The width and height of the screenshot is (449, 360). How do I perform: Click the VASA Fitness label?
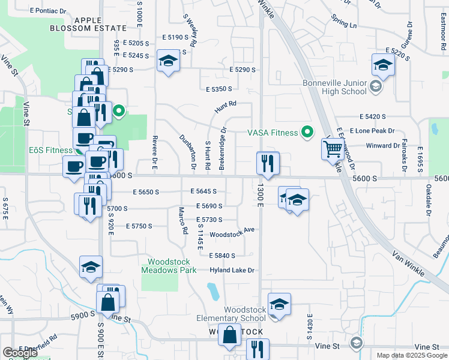click(x=273, y=133)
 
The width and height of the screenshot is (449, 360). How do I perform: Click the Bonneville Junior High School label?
click(x=334, y=87)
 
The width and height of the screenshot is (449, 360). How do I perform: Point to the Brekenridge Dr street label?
click(x=222, y=147)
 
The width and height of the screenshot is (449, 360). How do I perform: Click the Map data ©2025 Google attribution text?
click(x=412, y=355)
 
